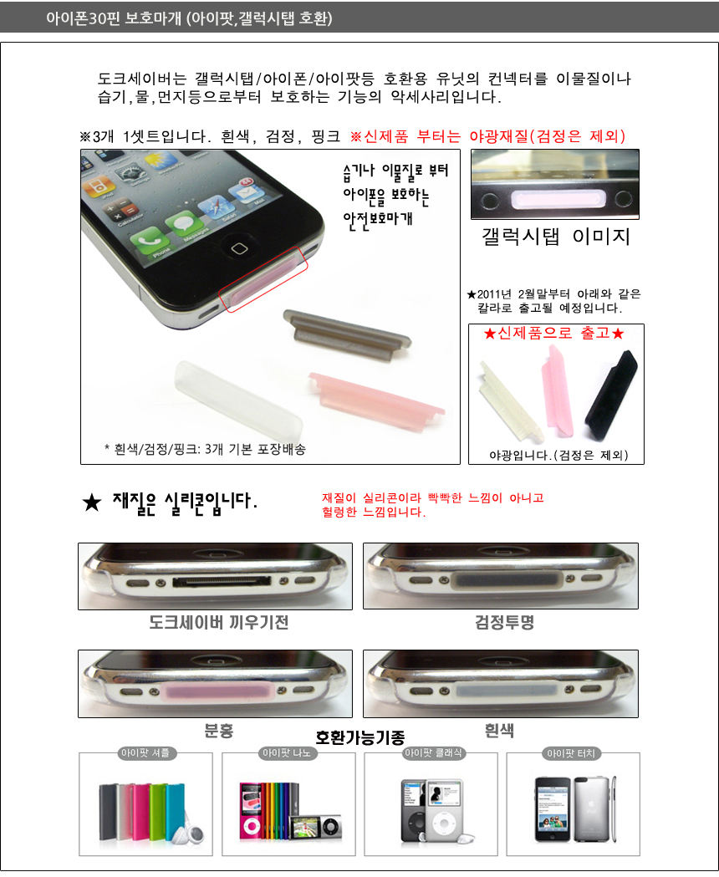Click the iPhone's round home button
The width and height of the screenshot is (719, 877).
click(x=239, y=248)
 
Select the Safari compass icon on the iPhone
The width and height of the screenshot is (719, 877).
click(x=214, y=207)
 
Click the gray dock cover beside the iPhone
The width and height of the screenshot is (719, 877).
click(x=347, y=335)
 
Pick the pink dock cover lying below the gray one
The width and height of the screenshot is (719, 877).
click(x=376, y=401)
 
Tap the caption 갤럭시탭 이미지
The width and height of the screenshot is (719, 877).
click(x=556, y=236)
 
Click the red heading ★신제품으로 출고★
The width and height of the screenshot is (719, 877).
click(x=554, y=334)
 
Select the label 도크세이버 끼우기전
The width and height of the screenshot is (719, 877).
click(x=219, y=623)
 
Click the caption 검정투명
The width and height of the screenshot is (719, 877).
click(x=505, y=622)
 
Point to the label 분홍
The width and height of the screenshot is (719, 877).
click(x=218, y=730)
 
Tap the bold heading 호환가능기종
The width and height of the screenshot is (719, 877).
click(x=359, y=737)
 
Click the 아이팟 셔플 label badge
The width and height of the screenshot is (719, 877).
click(x=145, y=752)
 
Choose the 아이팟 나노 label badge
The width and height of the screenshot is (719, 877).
click(x=287, y=752)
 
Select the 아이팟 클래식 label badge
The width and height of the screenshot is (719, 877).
click(x=433, y=752)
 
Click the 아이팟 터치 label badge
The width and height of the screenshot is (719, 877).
click(x=571, y=753)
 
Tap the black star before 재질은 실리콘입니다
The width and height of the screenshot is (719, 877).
click(x=92, y=502)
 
